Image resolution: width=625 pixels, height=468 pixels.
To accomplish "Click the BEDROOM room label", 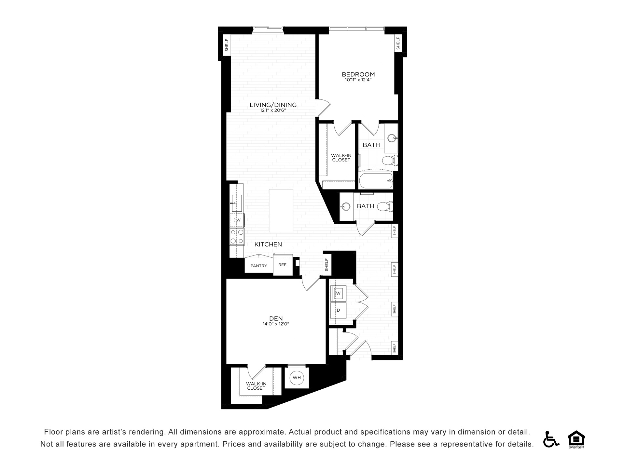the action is click(358, 74).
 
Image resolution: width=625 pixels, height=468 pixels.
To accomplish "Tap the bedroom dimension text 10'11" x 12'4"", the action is click(358, 80).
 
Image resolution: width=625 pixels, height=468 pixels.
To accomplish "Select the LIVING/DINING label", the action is click(273, 105).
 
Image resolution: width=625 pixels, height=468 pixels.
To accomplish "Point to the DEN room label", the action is click(276, 318).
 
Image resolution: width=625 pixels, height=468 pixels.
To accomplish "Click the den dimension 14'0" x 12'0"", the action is click(276, 324).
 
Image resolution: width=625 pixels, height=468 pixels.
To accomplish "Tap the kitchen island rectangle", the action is click(281, 210).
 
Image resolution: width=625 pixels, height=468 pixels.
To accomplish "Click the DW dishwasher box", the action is click(237, 220).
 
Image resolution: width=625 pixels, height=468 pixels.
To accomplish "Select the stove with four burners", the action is click(237, 237).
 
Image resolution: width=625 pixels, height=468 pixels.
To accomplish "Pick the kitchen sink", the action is click(237, 203).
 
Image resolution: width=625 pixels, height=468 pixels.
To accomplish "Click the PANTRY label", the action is click(259, 266).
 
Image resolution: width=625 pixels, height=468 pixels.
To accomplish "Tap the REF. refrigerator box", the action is click(283, 265).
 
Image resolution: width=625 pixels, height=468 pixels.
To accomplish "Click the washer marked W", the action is click(338, 293).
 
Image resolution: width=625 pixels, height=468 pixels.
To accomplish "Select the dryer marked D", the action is click(338, 310).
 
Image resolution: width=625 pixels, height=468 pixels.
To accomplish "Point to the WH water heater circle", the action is click(297, 378).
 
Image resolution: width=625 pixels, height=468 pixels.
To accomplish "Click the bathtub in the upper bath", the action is click(376, 181).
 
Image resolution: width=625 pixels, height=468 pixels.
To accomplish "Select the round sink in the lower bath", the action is click(345, 206).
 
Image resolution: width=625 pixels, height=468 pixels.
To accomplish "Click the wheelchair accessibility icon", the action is click(551, 439).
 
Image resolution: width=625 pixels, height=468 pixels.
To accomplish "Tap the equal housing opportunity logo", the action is click(576, 439).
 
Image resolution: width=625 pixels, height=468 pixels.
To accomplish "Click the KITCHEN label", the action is click(268, 244).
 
